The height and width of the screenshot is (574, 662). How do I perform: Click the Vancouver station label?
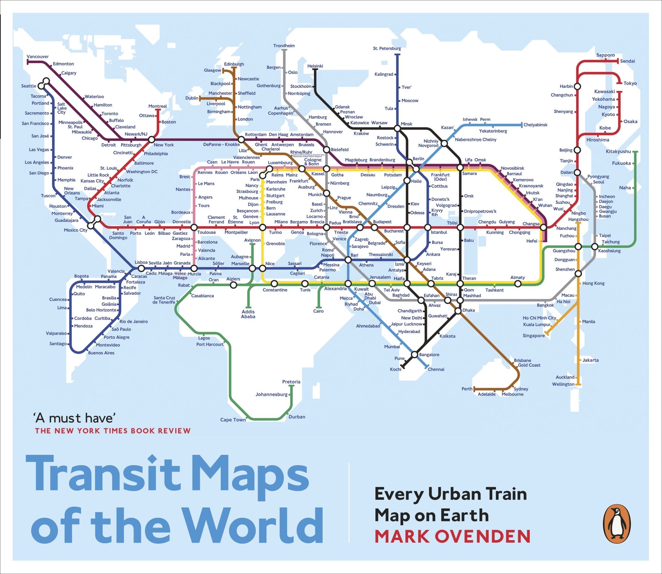pos(37,57)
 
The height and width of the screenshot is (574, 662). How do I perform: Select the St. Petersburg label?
pos(387,48)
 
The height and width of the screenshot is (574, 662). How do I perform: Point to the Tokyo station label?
pos(630,83)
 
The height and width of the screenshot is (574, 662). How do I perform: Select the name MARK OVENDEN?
pos(452,537)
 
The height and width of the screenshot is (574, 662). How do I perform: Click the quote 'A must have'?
pos(74,418)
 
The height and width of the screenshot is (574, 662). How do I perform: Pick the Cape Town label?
pos(233,420)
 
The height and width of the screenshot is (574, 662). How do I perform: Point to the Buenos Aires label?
pos(101,353)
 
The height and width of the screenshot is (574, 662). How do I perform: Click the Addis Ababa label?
pos(248,314)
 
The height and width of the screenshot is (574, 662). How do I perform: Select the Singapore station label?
pos(533,336)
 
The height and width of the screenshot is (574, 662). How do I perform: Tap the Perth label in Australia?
pos(467,389)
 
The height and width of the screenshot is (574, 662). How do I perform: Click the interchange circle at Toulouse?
pos(194,227)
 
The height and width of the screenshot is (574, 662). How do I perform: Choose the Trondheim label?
pos(284,46)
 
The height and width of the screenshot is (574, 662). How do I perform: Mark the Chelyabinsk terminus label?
pos(535,125)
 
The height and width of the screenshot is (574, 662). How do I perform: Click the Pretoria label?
pos(291,381)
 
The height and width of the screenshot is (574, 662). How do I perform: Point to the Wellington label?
pos(563,384)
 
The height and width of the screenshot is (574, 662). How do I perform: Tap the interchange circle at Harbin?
pos(577,87)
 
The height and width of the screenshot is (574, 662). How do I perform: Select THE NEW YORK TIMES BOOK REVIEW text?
pos(113,431)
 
